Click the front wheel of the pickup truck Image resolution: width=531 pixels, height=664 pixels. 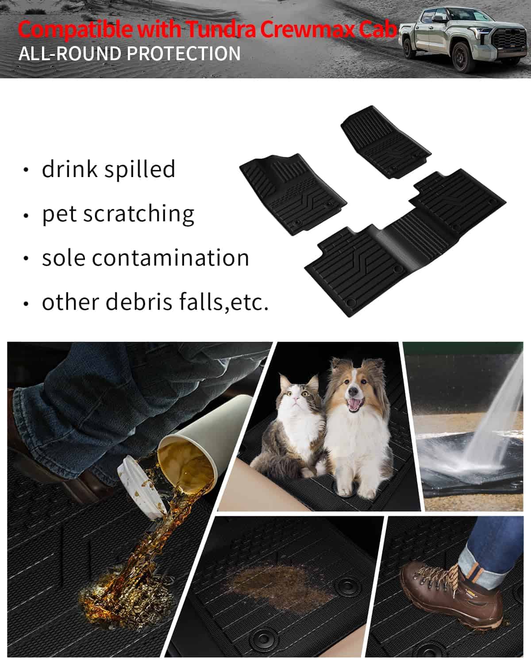coord(462,58)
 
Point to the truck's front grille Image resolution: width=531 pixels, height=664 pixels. coord(509,41)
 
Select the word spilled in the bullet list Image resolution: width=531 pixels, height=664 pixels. coord(140,170)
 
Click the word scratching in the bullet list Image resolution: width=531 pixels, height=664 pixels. coord(139,214)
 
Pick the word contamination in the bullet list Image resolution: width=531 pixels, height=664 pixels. coord(170,258)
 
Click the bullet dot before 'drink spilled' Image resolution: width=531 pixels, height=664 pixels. coord(26,170)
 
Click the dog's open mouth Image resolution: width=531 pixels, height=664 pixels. coord(355,405)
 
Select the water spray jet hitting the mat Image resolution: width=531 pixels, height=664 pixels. coord(494,420)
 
